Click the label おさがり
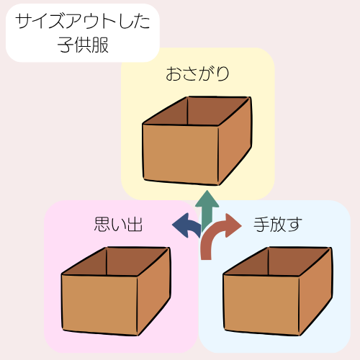[x=197, y=73]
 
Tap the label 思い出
[x=118, y=224]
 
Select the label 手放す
[x=278, y=225]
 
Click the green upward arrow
[x=207, y=211]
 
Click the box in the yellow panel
[x=197, y=141]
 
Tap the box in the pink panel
[x=116, y=291]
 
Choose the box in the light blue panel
[x=278, y=291]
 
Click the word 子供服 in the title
[x=83, y=45]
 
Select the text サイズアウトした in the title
[x=83, y=22]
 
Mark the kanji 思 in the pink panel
[x=102, y=224]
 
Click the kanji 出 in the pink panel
[x=135, y=224]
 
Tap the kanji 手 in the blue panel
[x=261, y=225]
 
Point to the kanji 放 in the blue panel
[x=277, y=225]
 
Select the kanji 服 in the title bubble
[x=100, y=45]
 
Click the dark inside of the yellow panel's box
[x=196, y=111]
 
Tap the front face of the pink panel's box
[x=99, y=305]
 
